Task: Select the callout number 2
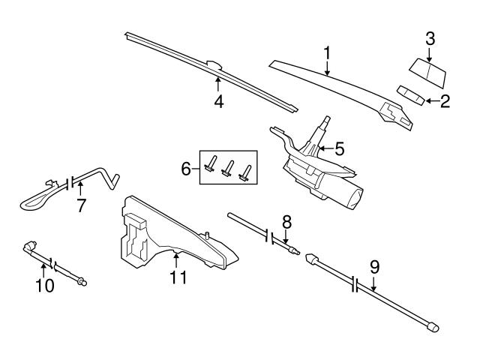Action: coord(445,101)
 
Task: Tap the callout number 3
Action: coord(430,37)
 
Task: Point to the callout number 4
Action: coord(218,101)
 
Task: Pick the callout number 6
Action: coord(187,170)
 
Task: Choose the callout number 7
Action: coord(80,205)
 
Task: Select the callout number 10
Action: coord(45,285)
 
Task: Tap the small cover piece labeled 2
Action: coord(409,94)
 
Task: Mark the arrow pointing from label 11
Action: coord(175,261)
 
